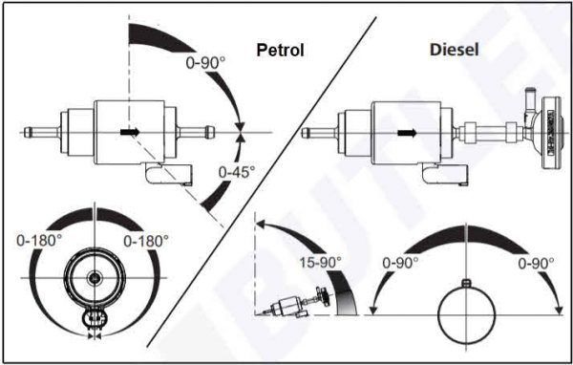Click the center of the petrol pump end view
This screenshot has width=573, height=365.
point(95,277)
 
